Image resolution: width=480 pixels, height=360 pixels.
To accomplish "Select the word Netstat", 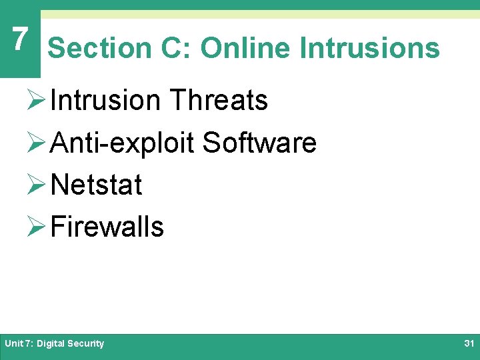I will [96, 185].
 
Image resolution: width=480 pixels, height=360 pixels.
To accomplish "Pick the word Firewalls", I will [107, 227].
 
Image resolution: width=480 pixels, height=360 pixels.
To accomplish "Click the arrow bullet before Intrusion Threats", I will [37, 101].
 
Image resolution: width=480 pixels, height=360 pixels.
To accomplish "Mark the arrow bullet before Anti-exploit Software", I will [37, 143].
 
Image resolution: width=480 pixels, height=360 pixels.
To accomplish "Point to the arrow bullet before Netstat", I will [37, 185].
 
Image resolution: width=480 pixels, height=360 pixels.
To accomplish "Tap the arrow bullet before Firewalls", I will [37, 227].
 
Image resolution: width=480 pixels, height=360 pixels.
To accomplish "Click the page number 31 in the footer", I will [468, 344].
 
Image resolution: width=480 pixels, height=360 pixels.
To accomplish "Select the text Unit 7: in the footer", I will [19, 344].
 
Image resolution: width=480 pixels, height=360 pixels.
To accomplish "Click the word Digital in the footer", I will [51, 344].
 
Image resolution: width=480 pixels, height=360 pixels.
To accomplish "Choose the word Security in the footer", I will [86, 344].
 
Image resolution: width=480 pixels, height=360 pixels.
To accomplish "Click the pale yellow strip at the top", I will [260, 14].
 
